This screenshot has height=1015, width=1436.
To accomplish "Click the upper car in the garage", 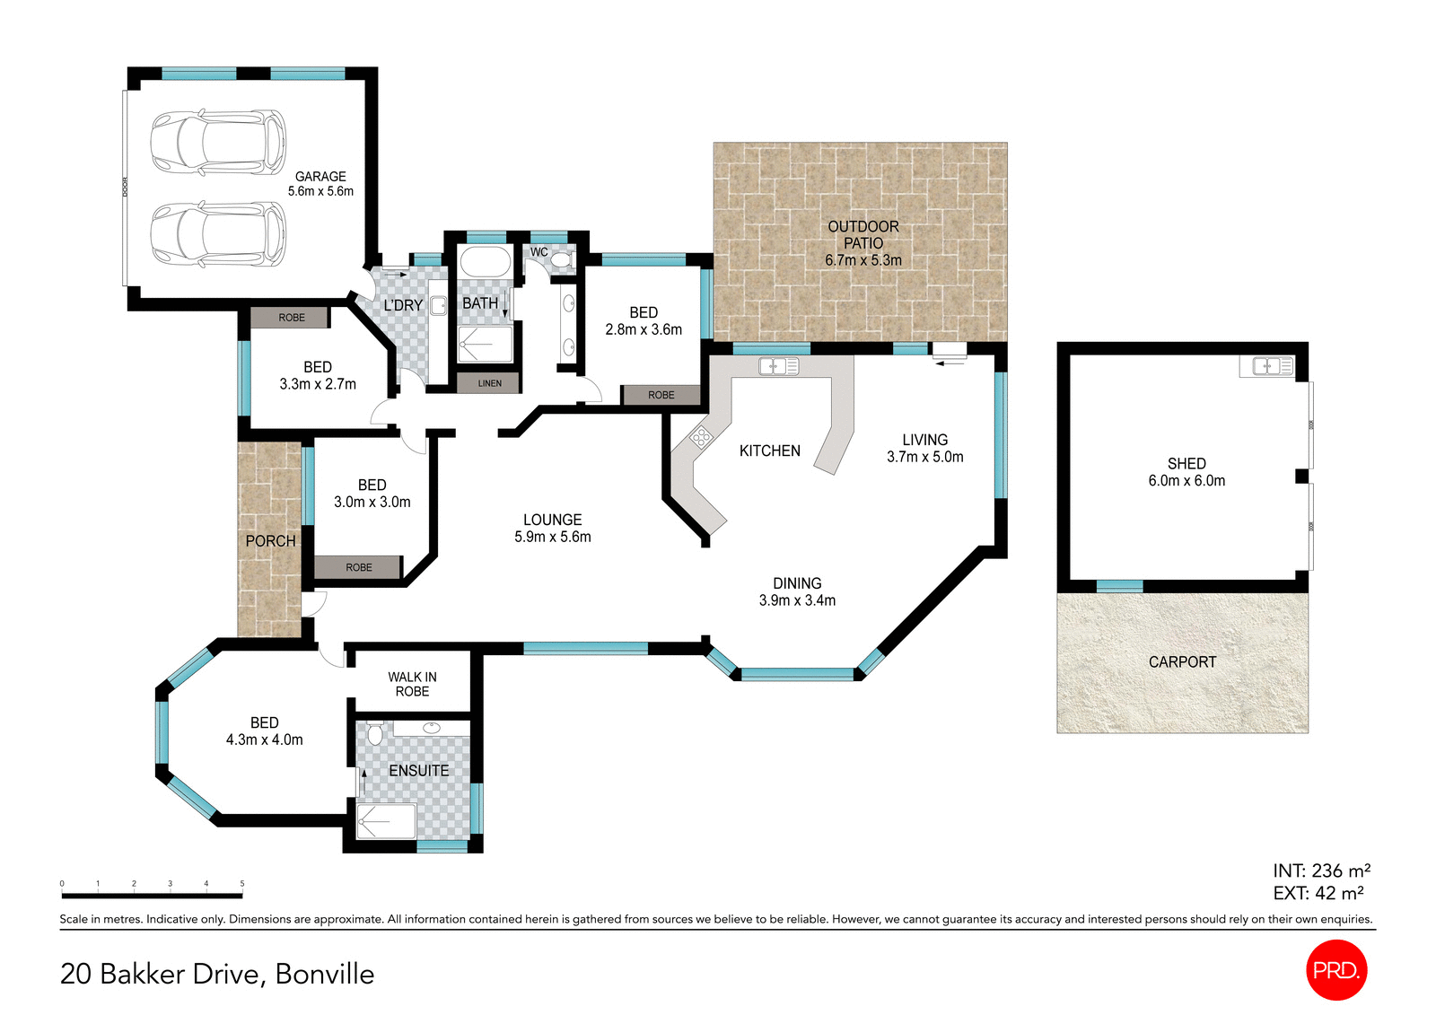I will point(218,142).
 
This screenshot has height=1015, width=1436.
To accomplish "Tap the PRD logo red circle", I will point(1336,969).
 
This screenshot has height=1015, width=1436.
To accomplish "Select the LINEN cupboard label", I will point(489,383).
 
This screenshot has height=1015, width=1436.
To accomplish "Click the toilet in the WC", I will point(562,259).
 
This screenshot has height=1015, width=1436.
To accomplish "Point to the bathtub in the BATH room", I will point(485,263).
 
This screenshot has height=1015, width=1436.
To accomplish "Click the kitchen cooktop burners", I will point(701,437).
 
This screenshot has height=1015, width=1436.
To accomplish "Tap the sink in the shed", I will point(1266,365).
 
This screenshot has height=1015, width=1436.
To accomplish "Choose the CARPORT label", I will point(1182,661).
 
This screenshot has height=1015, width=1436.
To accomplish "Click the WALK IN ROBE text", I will point(412,684).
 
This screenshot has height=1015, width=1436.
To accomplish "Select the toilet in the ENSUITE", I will point(375,733).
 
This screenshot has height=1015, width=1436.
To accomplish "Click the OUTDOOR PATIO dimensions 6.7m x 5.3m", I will point(863,260).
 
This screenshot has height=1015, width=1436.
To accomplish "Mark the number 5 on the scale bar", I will point(242,884).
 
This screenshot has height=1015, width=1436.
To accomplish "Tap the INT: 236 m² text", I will point(1321,871).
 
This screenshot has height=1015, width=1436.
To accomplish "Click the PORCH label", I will point(270,541).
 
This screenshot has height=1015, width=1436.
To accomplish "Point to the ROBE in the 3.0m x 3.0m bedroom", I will point(358,567).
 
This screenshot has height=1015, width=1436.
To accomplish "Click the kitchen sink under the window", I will point(779,366).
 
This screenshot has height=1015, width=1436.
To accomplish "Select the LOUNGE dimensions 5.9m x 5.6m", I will point(552,537).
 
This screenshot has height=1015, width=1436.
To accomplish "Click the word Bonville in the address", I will point(325,974).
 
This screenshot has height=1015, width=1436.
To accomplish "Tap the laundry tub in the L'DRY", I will point(438,306).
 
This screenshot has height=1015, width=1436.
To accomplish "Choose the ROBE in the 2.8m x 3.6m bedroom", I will point(661,395).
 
